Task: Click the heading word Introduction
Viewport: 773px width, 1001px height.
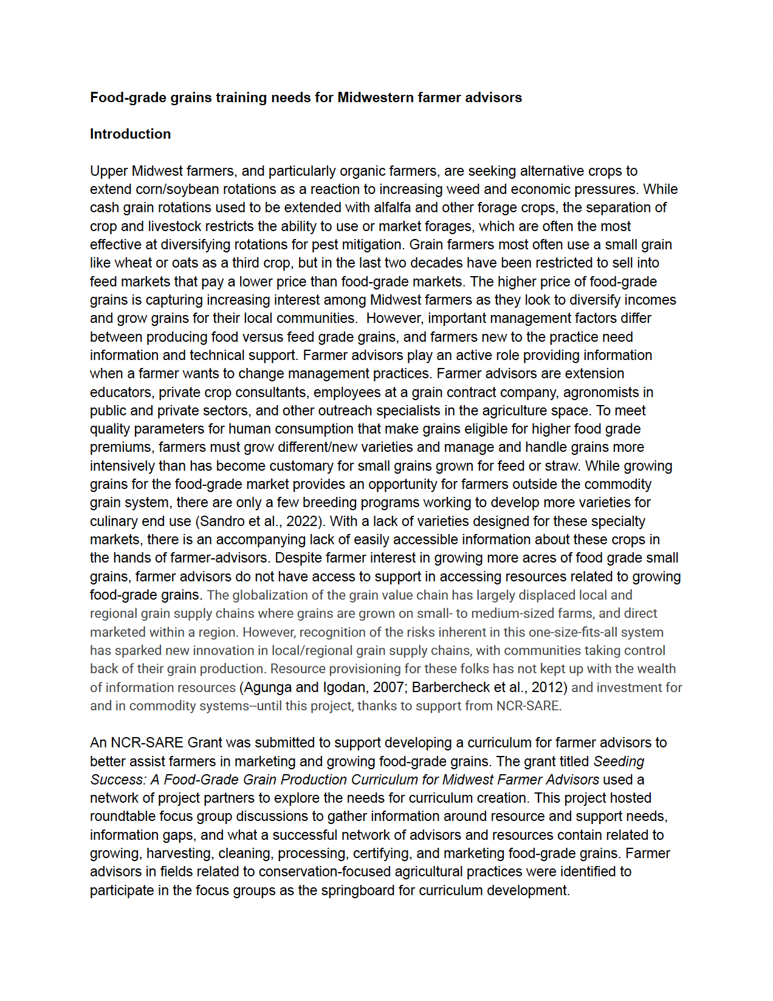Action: [130, 134]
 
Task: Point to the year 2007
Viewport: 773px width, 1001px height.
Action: [386, 687]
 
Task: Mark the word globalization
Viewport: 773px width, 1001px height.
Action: [270, 595]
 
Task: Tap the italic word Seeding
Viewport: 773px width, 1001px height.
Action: [619, 761]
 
